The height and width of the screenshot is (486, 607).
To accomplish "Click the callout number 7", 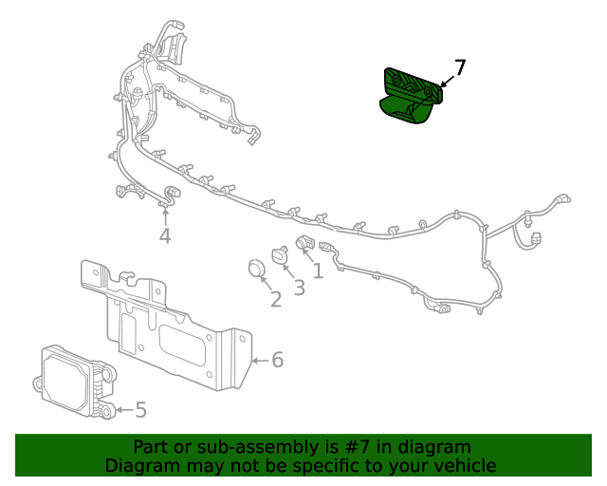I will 460,68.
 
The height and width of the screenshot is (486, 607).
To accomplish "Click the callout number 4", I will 165,235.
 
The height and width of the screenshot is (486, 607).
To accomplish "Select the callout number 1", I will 318,271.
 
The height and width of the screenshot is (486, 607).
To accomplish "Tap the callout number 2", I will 276,300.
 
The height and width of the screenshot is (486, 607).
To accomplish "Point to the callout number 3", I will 299,288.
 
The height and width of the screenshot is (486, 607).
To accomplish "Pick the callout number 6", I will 277,360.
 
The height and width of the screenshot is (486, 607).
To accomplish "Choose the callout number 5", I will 140,410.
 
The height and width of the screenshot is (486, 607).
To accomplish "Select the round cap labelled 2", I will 254,269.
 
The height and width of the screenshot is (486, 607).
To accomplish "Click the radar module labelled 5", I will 76,380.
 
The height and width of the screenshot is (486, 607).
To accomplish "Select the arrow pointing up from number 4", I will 165,215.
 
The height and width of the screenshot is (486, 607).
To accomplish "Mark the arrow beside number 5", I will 123,410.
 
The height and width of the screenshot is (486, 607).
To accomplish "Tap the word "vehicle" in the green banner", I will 462,465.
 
